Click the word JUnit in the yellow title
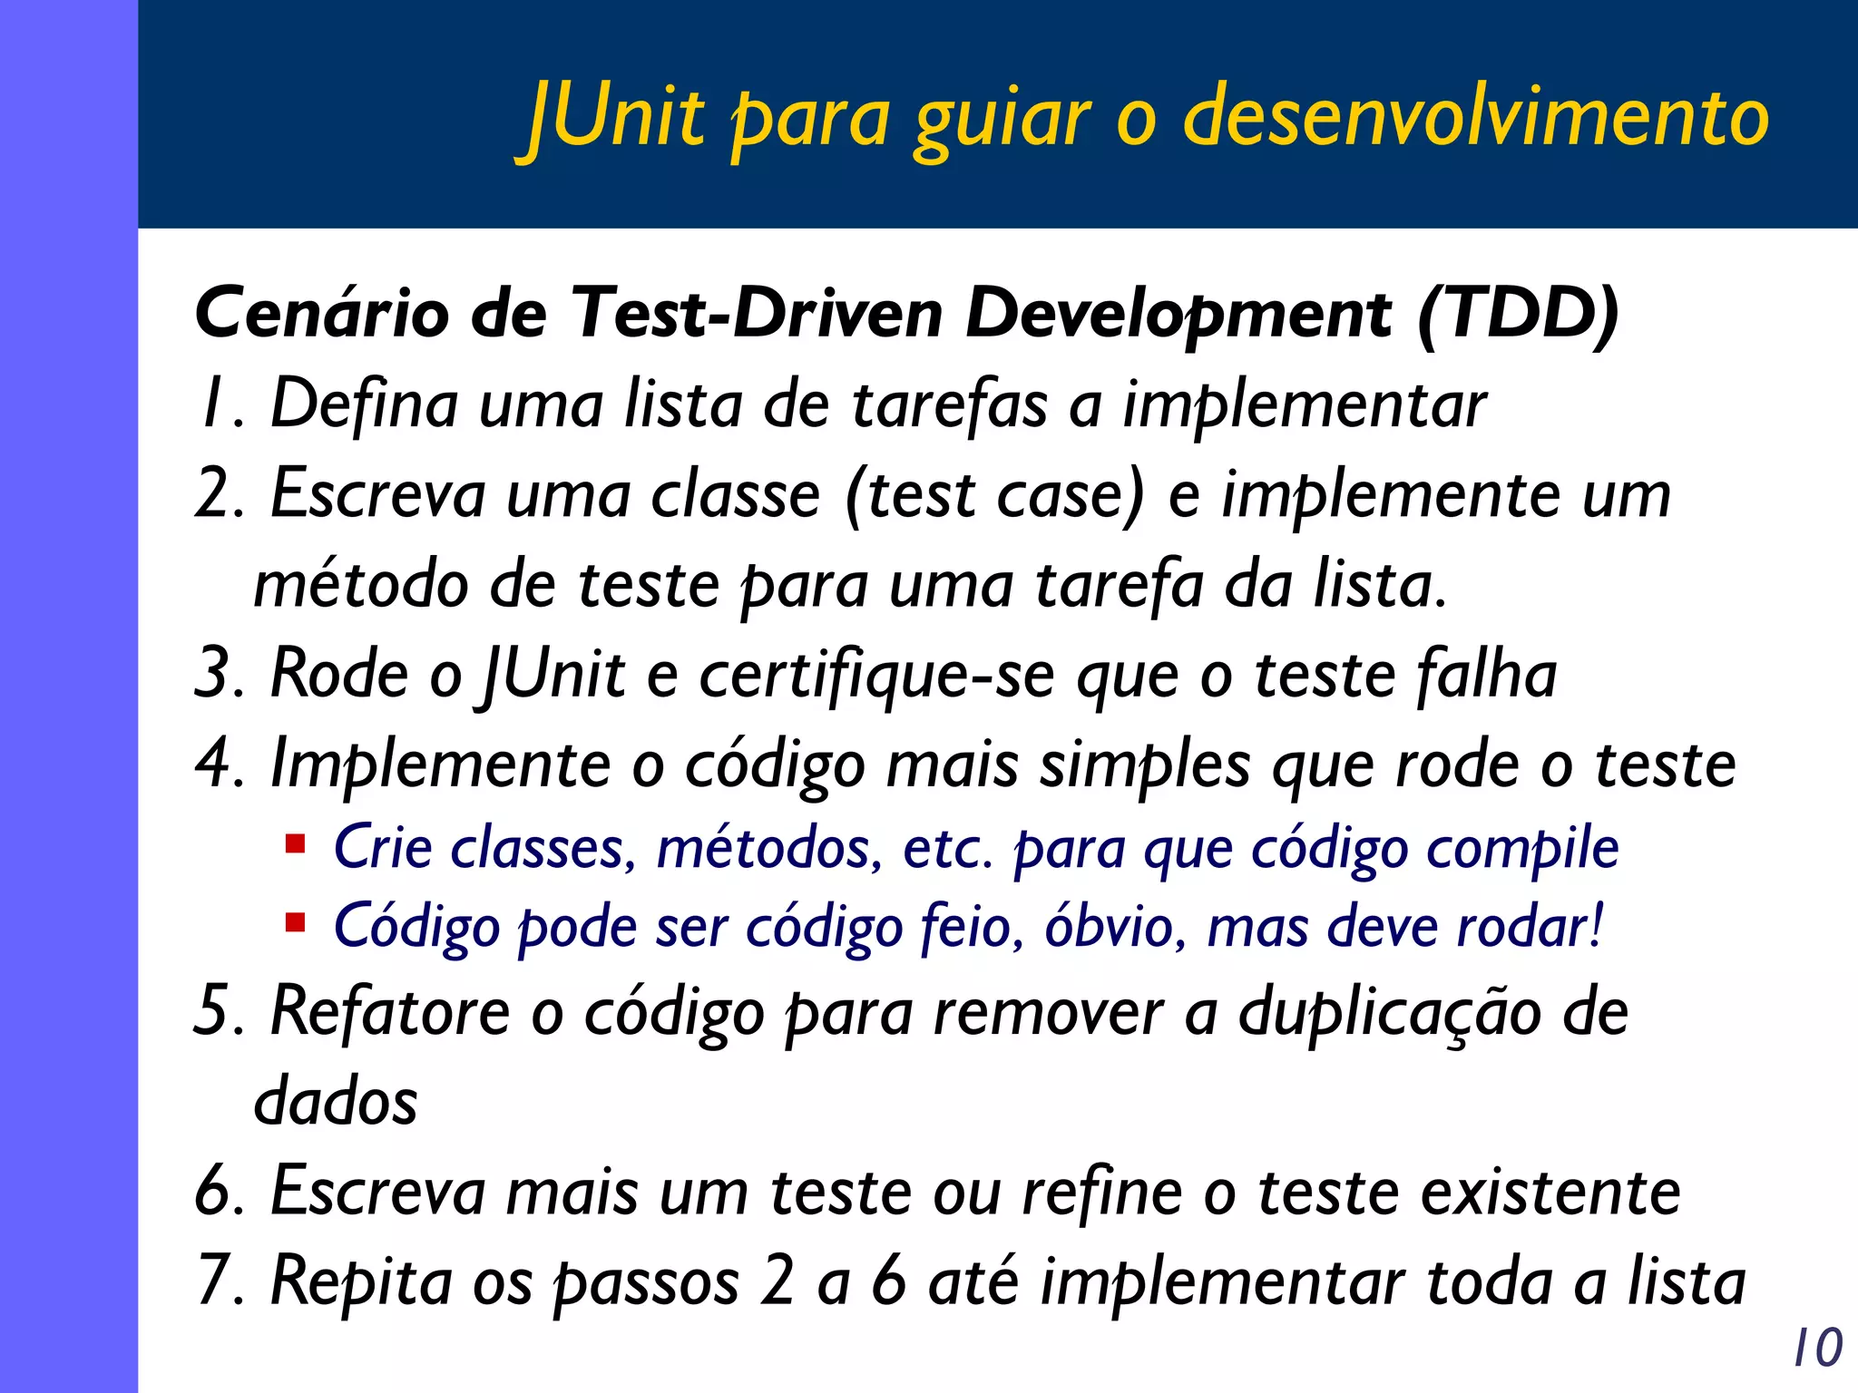(x=617, y=118)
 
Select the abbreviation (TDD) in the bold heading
(x=1518, y=314)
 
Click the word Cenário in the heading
(x=322, y=314)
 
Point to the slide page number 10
(x=1817, y=1348)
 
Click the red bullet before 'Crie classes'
(x=295, y=845)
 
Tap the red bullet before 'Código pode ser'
(x=295, y=924)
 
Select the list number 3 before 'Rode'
(x=216, y=675)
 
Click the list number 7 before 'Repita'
(x=214, y=1281)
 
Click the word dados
(x=336, y=1102)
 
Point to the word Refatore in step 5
(x=390, y=1011)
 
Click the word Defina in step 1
(x=364, y=404)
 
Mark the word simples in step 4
(x=1144, y=765)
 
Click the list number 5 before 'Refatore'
(x=214, y=1011)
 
